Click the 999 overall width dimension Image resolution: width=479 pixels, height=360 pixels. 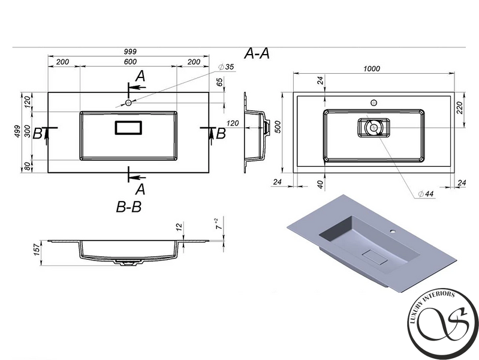(x=131, y=52)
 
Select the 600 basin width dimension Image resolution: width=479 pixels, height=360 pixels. (x=131, y=62)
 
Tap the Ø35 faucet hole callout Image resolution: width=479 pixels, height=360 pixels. (x=227, y=67)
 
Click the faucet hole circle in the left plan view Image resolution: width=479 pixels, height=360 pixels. (x=128, y=103)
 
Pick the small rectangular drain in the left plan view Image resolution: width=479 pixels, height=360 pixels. (x=128, y=128)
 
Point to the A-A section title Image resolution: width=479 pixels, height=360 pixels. (x=257, y=54)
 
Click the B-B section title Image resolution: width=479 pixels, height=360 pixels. (x=129, y=207)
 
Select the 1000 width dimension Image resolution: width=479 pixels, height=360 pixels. (x=372, y=68)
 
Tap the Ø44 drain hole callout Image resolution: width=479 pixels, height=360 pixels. (x=426, y=194)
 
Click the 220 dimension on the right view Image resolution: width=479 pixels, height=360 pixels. (x=460, y=107)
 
